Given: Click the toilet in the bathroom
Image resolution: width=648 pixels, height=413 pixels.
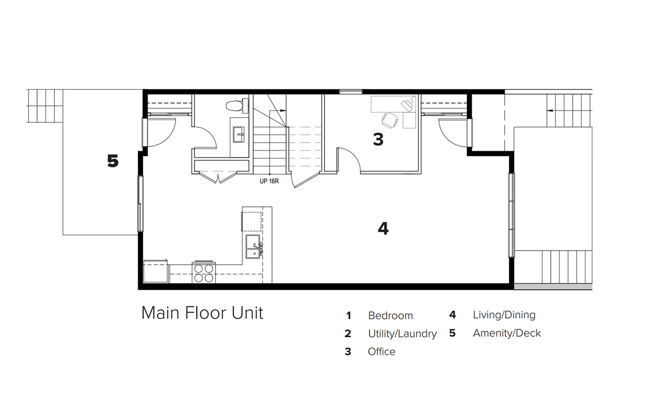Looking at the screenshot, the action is pos(237,106).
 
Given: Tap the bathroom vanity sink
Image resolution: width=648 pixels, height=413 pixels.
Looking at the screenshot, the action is pos(239,135).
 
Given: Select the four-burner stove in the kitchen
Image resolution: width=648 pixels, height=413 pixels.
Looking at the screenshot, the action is pos(204,273).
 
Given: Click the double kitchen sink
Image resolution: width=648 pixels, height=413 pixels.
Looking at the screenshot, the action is pos(254,246).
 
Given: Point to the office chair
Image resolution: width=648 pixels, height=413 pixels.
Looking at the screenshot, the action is pos(389,120).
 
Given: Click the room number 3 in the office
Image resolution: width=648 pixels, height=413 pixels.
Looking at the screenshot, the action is pos(378,139).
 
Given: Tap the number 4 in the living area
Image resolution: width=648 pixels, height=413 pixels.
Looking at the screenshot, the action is pos(383,229).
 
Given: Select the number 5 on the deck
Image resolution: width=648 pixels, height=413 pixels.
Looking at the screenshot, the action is pos(113,161).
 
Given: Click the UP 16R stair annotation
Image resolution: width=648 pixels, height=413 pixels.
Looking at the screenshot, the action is pos(269,181).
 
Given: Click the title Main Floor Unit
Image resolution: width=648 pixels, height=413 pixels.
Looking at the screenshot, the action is pos(202,313).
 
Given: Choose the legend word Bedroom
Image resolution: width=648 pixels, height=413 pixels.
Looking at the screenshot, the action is pos(390,315).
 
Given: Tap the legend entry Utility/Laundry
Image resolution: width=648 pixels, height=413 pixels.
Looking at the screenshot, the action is pos(402,334).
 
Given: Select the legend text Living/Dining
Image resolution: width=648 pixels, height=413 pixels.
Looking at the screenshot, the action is pos(504,314).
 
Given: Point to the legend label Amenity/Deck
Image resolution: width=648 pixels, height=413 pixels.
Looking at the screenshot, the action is pos(507,333).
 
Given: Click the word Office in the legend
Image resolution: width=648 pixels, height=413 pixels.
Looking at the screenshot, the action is pos(381,352).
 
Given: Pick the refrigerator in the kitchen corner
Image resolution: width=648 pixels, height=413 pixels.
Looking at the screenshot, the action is pos(155,271).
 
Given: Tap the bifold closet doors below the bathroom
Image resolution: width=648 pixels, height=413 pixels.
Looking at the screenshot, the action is pos(218,177).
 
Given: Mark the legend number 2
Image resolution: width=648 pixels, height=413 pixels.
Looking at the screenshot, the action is pos(348,334).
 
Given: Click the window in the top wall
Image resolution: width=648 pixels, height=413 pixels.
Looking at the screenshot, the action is pos(351,92).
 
